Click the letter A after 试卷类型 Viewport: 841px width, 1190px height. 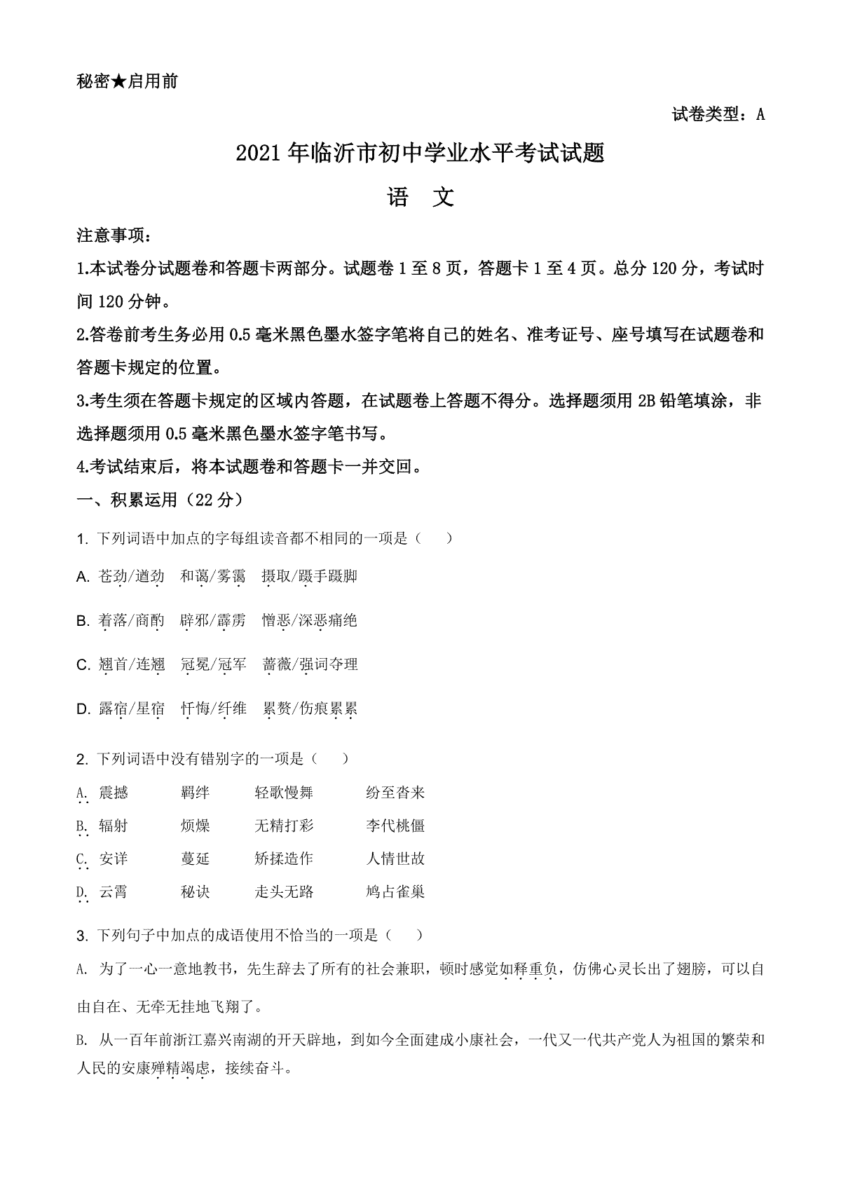[760, 115]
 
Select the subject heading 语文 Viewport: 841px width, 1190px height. [420, 198]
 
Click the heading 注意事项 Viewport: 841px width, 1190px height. [112, 236]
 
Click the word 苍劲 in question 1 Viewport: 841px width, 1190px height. [113, 576]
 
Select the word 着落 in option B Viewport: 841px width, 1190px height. [113, 620]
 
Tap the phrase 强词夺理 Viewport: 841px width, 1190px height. [329, 664]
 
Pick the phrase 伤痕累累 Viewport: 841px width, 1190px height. [329, 709]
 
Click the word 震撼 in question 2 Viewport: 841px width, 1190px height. [114, 793]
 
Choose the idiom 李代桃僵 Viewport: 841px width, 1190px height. [395, 826]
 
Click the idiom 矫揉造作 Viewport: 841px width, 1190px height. [284, 859]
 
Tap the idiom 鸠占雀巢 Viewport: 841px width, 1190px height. [395, 892]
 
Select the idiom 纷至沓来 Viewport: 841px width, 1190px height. [395, 793]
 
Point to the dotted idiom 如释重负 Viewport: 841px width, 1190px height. [529, 969]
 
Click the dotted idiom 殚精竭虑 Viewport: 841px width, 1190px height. [181, 1069]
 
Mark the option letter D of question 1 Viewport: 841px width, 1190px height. [83, 709]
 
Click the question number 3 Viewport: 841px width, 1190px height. [81, 936]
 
